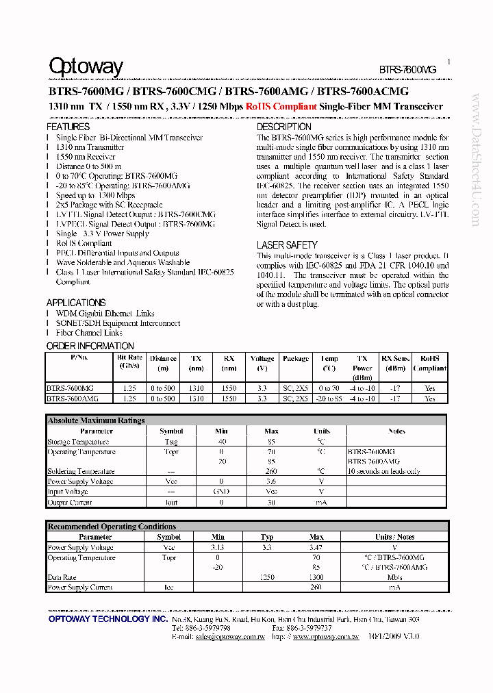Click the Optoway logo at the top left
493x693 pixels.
tap(86, 66)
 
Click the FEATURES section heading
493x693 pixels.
tap(68, 127)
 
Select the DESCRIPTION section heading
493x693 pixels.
tap(283, 127)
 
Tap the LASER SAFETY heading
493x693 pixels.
tap(287, 244)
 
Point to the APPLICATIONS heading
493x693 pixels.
tap(76, 303)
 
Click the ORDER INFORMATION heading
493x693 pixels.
tap(90, 346)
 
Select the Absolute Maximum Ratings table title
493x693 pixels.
tap(96, 420)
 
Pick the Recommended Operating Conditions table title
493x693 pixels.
tap(112, 527)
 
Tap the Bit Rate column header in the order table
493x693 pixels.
tap(129, 362)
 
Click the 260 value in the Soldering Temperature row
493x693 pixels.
tap(271, 471)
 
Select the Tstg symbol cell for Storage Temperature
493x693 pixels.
tap(171, 442)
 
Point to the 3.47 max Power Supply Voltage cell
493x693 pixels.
tap(316, 548)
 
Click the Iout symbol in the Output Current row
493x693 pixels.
tap(171, 503)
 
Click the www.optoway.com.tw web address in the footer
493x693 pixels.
tap(325, 636)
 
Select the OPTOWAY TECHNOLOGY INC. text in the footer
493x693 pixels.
tap(108, 618)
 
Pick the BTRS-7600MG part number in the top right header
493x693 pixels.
tap(407, 70)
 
